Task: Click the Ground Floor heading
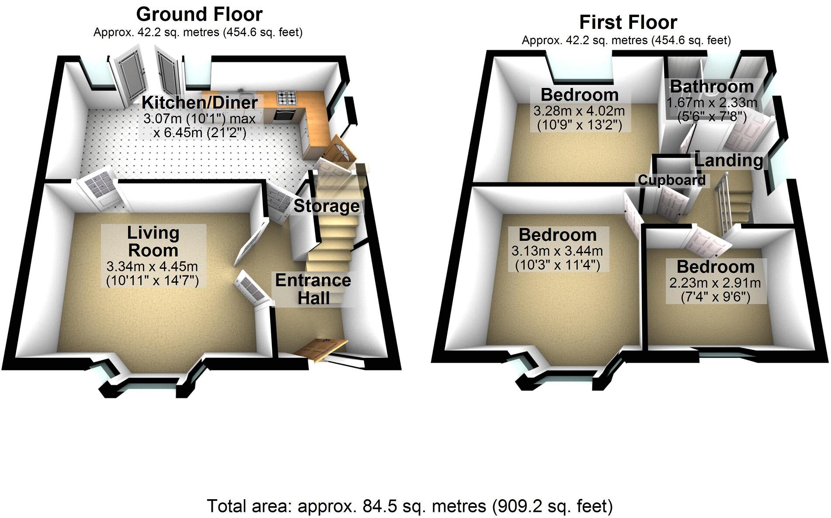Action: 199,14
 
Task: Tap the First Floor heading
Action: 628,22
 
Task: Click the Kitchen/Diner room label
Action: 199,103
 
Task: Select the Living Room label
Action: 153,241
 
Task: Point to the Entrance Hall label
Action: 313,289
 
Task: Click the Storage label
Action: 327,206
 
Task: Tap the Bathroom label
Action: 712,87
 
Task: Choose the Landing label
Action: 729,160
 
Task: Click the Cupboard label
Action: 671,180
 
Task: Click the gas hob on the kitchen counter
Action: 286,97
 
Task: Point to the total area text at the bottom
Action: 410,506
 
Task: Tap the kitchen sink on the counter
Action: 249,97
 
